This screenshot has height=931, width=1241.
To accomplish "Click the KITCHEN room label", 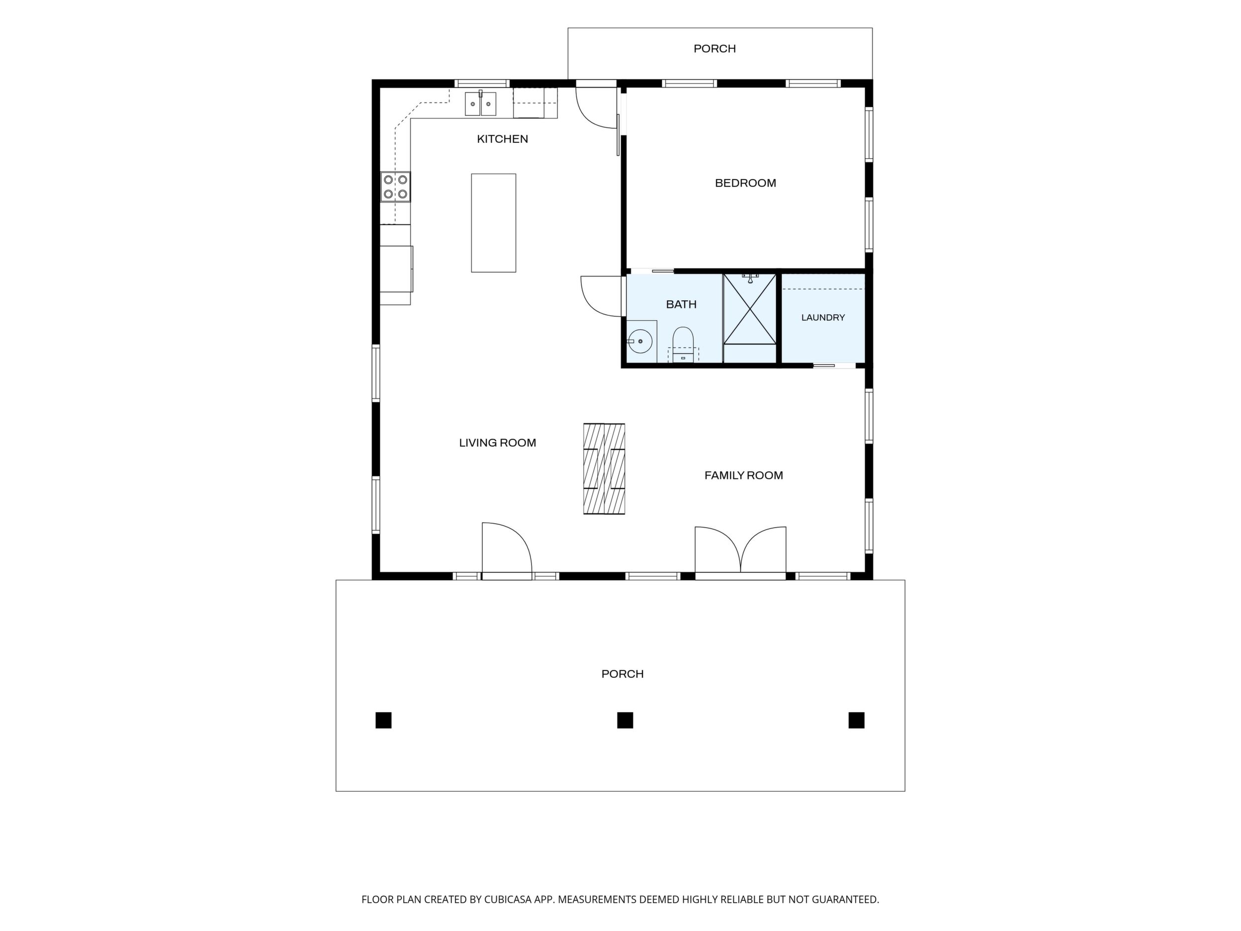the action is coord(502,139).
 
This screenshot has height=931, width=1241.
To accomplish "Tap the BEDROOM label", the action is coord(745,183).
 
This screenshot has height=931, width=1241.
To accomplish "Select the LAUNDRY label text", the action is coord(822,318).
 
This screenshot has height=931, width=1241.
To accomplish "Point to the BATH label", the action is coord(681,305).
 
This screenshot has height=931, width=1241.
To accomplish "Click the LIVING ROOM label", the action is coord(497,443).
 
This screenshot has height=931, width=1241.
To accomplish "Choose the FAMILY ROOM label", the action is coord(743,475).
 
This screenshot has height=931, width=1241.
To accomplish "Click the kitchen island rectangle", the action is coord(493,223).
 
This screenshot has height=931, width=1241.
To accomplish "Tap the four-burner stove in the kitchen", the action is coord(395,187).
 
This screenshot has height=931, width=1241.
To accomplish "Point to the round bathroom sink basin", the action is coord(639,341).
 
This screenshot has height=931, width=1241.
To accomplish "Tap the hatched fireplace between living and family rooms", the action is coord(604,468).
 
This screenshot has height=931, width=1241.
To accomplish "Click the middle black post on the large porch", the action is coord(625,720).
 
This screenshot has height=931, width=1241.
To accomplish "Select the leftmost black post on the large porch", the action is coord(383,720).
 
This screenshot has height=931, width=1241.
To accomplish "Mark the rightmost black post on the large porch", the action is coord(856,720).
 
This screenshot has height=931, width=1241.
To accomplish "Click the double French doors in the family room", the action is coord(740,552).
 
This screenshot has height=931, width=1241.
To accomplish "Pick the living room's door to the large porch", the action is coord(507,551).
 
